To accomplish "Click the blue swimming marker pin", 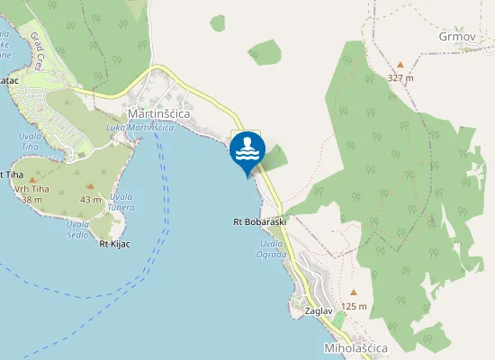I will pos(247,150).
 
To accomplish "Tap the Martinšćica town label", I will pos(164,113).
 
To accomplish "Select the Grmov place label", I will pos(456,37).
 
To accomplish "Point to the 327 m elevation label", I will pos(400,78).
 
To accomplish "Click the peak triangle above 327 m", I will pos(400,65).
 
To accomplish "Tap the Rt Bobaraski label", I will pos(259,221).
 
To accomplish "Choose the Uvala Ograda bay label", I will pos(273,248).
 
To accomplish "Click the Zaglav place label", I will pos(319,310).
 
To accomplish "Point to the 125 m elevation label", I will pos(355,307).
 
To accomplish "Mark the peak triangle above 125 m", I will pos(354,292).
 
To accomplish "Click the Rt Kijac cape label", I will pos(115,244).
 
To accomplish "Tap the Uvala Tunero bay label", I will pos(121,202).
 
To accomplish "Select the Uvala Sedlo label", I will pos(77,229).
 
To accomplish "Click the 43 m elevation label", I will pos(90,199).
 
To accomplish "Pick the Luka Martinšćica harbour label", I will pos(139,128).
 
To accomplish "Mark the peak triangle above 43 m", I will pos(90,186).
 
